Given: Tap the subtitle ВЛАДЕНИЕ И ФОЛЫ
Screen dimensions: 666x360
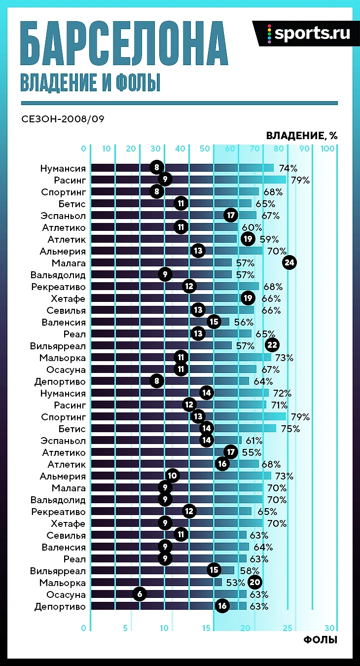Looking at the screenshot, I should [90, 82].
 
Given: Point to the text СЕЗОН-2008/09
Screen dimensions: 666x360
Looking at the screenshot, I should [63, 119].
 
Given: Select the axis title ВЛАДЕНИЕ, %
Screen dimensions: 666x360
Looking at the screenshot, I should [302, 136].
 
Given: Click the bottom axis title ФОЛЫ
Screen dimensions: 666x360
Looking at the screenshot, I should [321, 640].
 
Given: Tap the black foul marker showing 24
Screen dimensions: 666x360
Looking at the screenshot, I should [289, 263].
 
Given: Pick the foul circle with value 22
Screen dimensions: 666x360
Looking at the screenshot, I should [272, 346].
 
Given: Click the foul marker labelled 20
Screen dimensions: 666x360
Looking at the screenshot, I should [255, 583].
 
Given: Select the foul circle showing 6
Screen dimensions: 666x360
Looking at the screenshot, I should [140, 594].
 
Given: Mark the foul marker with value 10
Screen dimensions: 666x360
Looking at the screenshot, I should [173, 476].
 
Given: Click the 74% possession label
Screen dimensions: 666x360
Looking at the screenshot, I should [288, 168].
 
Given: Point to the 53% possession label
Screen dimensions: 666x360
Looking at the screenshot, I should [236, 583].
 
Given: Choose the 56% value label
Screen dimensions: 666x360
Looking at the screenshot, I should [243, 322].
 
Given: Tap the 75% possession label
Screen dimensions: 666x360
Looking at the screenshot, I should [290, 429].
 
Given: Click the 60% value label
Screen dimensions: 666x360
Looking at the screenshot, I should [252, 227].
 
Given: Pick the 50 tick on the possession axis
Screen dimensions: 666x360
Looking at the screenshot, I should [205, 148].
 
